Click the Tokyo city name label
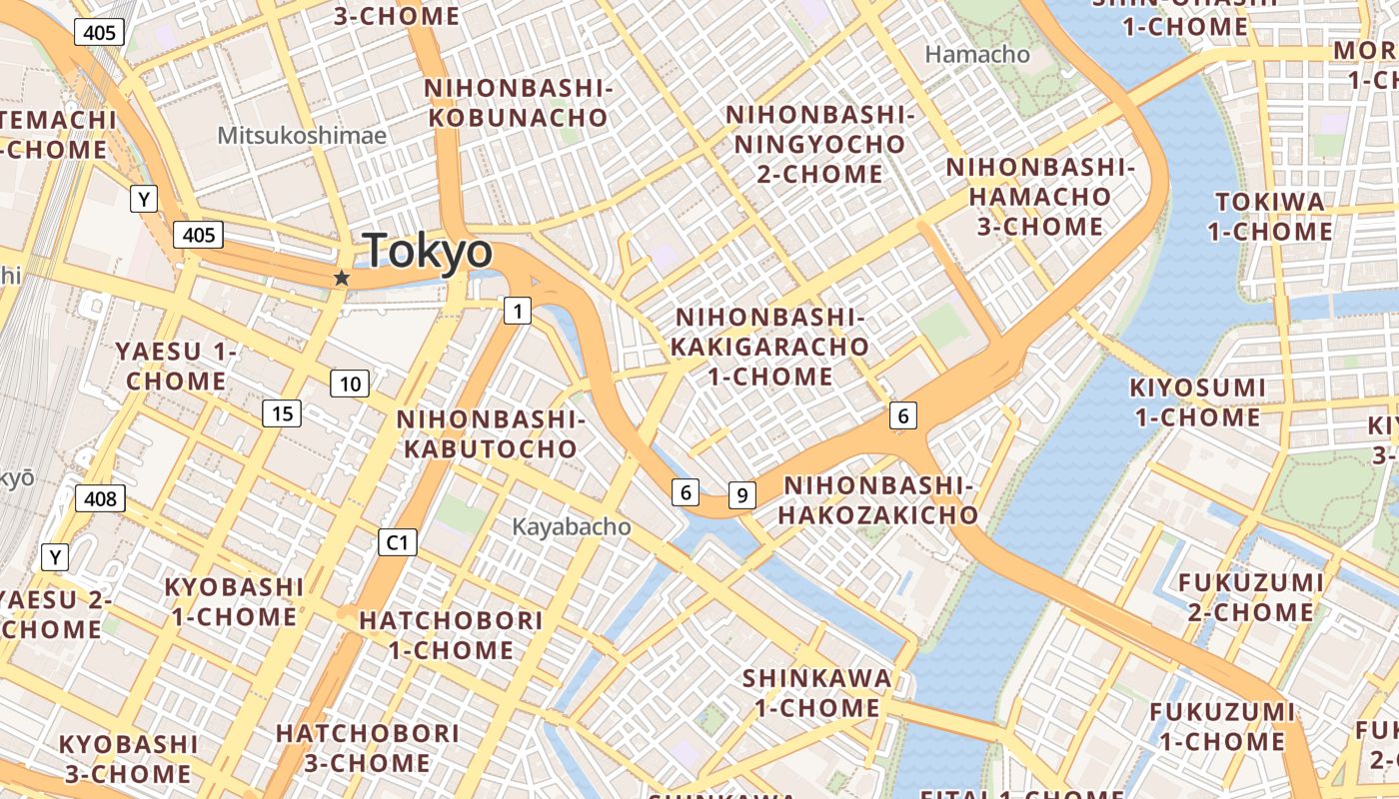tap(428, 251)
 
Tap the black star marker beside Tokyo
tap(342, 278)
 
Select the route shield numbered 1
tap(517, 312)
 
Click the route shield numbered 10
tap(350, 384)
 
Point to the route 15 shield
tap(283, 412)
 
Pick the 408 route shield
tap(100, 498)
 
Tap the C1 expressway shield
tap(398, 542)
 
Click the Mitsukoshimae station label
tap(302, 135)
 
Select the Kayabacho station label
tap(572, 526)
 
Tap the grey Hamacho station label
tap(977, 55)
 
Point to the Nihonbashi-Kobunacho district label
tap(518, 103)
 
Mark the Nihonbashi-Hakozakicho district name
tap(878, 500)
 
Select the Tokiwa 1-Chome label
tap(1270, 217)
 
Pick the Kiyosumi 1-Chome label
tap(1197, 402)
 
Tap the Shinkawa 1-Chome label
tap(816, 693)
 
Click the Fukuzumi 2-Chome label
tap(1250, 597)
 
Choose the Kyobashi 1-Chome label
tap(234, 601)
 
